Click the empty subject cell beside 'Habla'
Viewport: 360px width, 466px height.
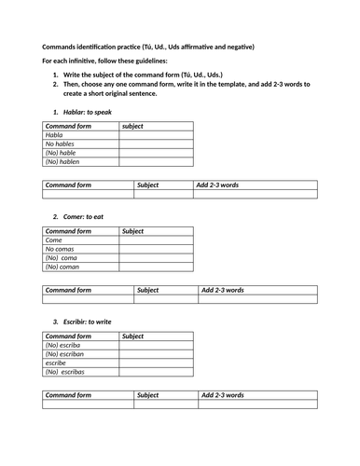tap(156, 134)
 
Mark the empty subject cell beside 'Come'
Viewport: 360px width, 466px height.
tap(156, 240)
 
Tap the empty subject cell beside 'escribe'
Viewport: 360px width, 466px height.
tap(156, 363)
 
